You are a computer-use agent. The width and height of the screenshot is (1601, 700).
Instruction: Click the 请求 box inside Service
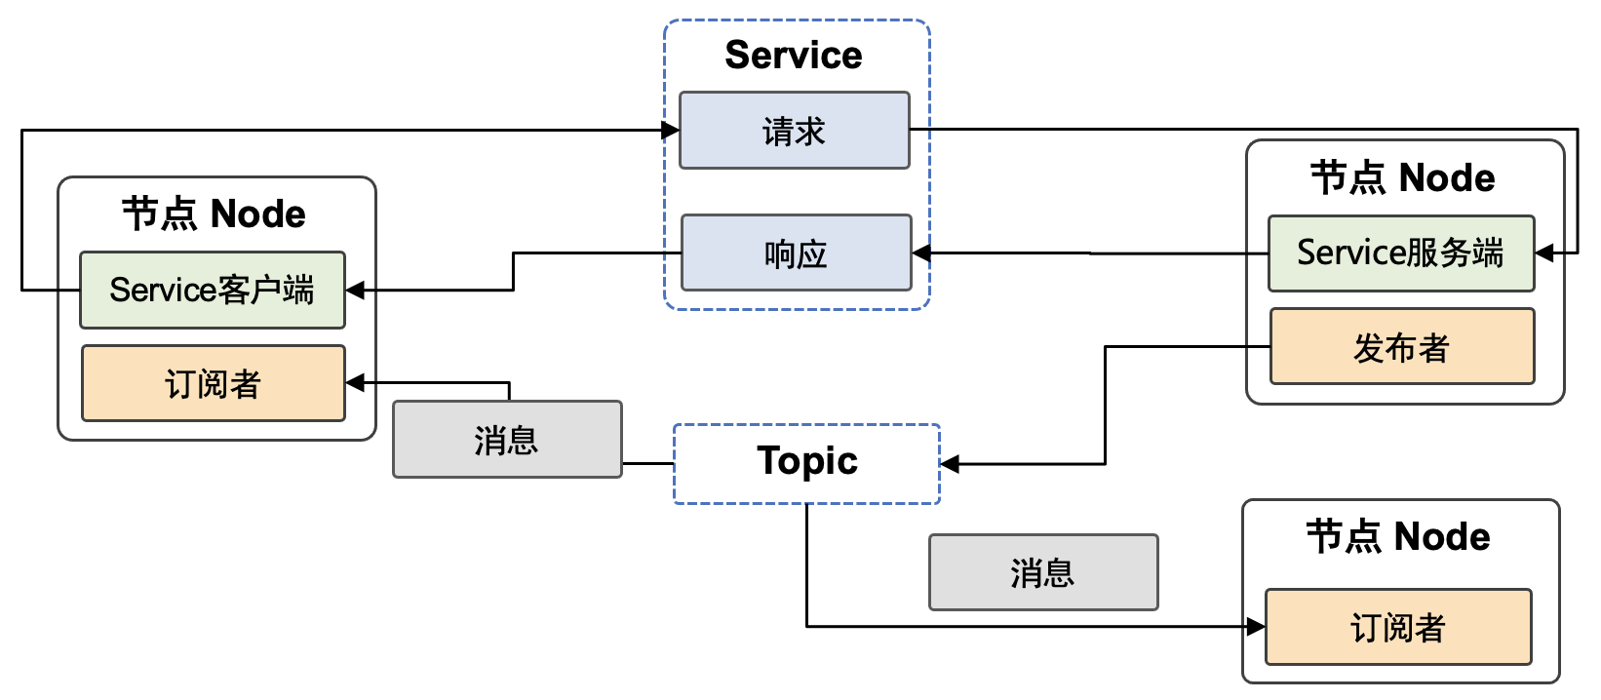click(x=794, y=131)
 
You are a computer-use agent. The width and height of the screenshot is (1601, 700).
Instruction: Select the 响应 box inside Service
click(x=796, y=253)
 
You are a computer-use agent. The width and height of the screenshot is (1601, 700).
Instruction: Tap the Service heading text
click(x=793, y=56)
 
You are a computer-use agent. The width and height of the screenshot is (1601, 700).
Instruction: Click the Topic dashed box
click(x=806, y=463)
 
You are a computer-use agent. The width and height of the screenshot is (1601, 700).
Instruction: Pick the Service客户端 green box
click(x=212, y=290)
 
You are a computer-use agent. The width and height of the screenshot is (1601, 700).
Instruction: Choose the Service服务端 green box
click(x=1400, y=253)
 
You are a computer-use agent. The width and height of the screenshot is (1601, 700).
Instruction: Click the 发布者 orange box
click(x=1401, y=347)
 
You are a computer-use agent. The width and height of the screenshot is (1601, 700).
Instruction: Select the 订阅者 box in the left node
click(x=213, y=383)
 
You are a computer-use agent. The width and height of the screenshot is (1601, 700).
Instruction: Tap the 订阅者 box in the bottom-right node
click(x=1397, y=627)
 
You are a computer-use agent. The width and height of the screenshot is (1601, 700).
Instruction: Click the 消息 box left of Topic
click(x=506, y=440)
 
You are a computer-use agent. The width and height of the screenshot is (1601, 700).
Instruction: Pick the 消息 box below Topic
click(x=1042, y=572)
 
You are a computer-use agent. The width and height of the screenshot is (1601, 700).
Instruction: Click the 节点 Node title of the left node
click(x=214, y=214)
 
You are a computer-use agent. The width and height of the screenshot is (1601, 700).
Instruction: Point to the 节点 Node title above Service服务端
click(x=1402, y=178)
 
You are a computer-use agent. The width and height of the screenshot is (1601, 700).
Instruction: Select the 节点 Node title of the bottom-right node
click(x=1397, y=537)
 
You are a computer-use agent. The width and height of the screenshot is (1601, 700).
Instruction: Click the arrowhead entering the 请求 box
click(x=671, y=130)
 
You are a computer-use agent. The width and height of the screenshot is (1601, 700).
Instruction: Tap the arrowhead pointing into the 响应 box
click(x=921, y=253)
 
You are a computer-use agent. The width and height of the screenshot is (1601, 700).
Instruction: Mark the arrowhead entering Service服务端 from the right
click(x=1544, y=253)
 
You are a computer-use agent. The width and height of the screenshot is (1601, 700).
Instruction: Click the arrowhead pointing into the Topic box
click(x=950, y=464)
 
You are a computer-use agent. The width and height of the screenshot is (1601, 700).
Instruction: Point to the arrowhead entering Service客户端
click(x=355, y=291)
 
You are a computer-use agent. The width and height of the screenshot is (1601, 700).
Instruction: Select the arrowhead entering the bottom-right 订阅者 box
click(x=1256, y=627)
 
